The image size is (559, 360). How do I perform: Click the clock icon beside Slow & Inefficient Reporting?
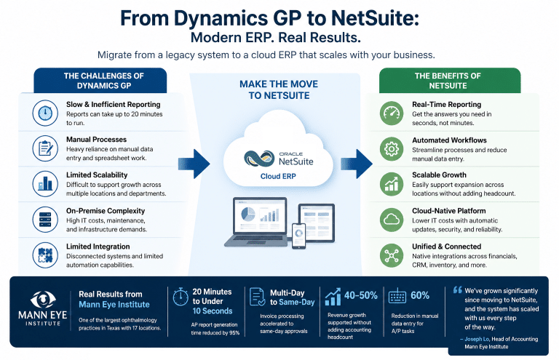point(45,113)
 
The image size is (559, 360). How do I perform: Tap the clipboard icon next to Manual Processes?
point(45,148)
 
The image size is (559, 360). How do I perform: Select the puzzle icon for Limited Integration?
point(45,255)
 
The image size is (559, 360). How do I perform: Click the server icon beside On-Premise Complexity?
point(45,219)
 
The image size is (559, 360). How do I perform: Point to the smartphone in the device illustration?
point(297,234)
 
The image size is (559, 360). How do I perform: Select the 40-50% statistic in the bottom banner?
point(359,295)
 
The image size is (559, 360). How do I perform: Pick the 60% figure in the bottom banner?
point(420,295)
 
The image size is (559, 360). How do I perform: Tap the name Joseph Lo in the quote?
point(477,340)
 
